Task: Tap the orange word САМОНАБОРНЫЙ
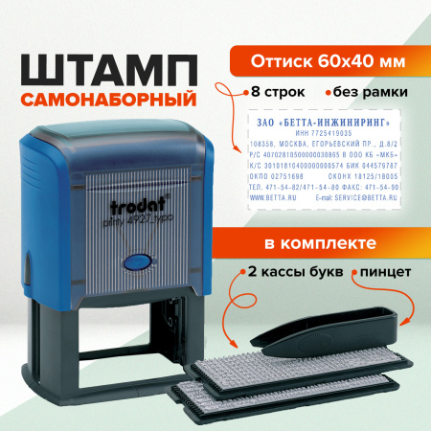[107, 98]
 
